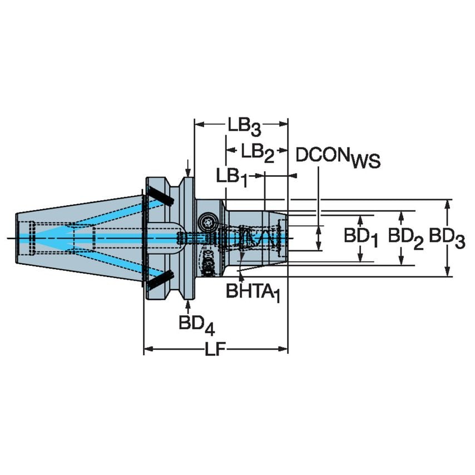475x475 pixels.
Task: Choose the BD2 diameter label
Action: [x=405, y=237]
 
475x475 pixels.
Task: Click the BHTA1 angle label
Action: [x=252, y=290]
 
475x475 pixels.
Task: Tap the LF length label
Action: [x=216, y=350]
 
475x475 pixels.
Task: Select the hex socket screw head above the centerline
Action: [x=209, y=221]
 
